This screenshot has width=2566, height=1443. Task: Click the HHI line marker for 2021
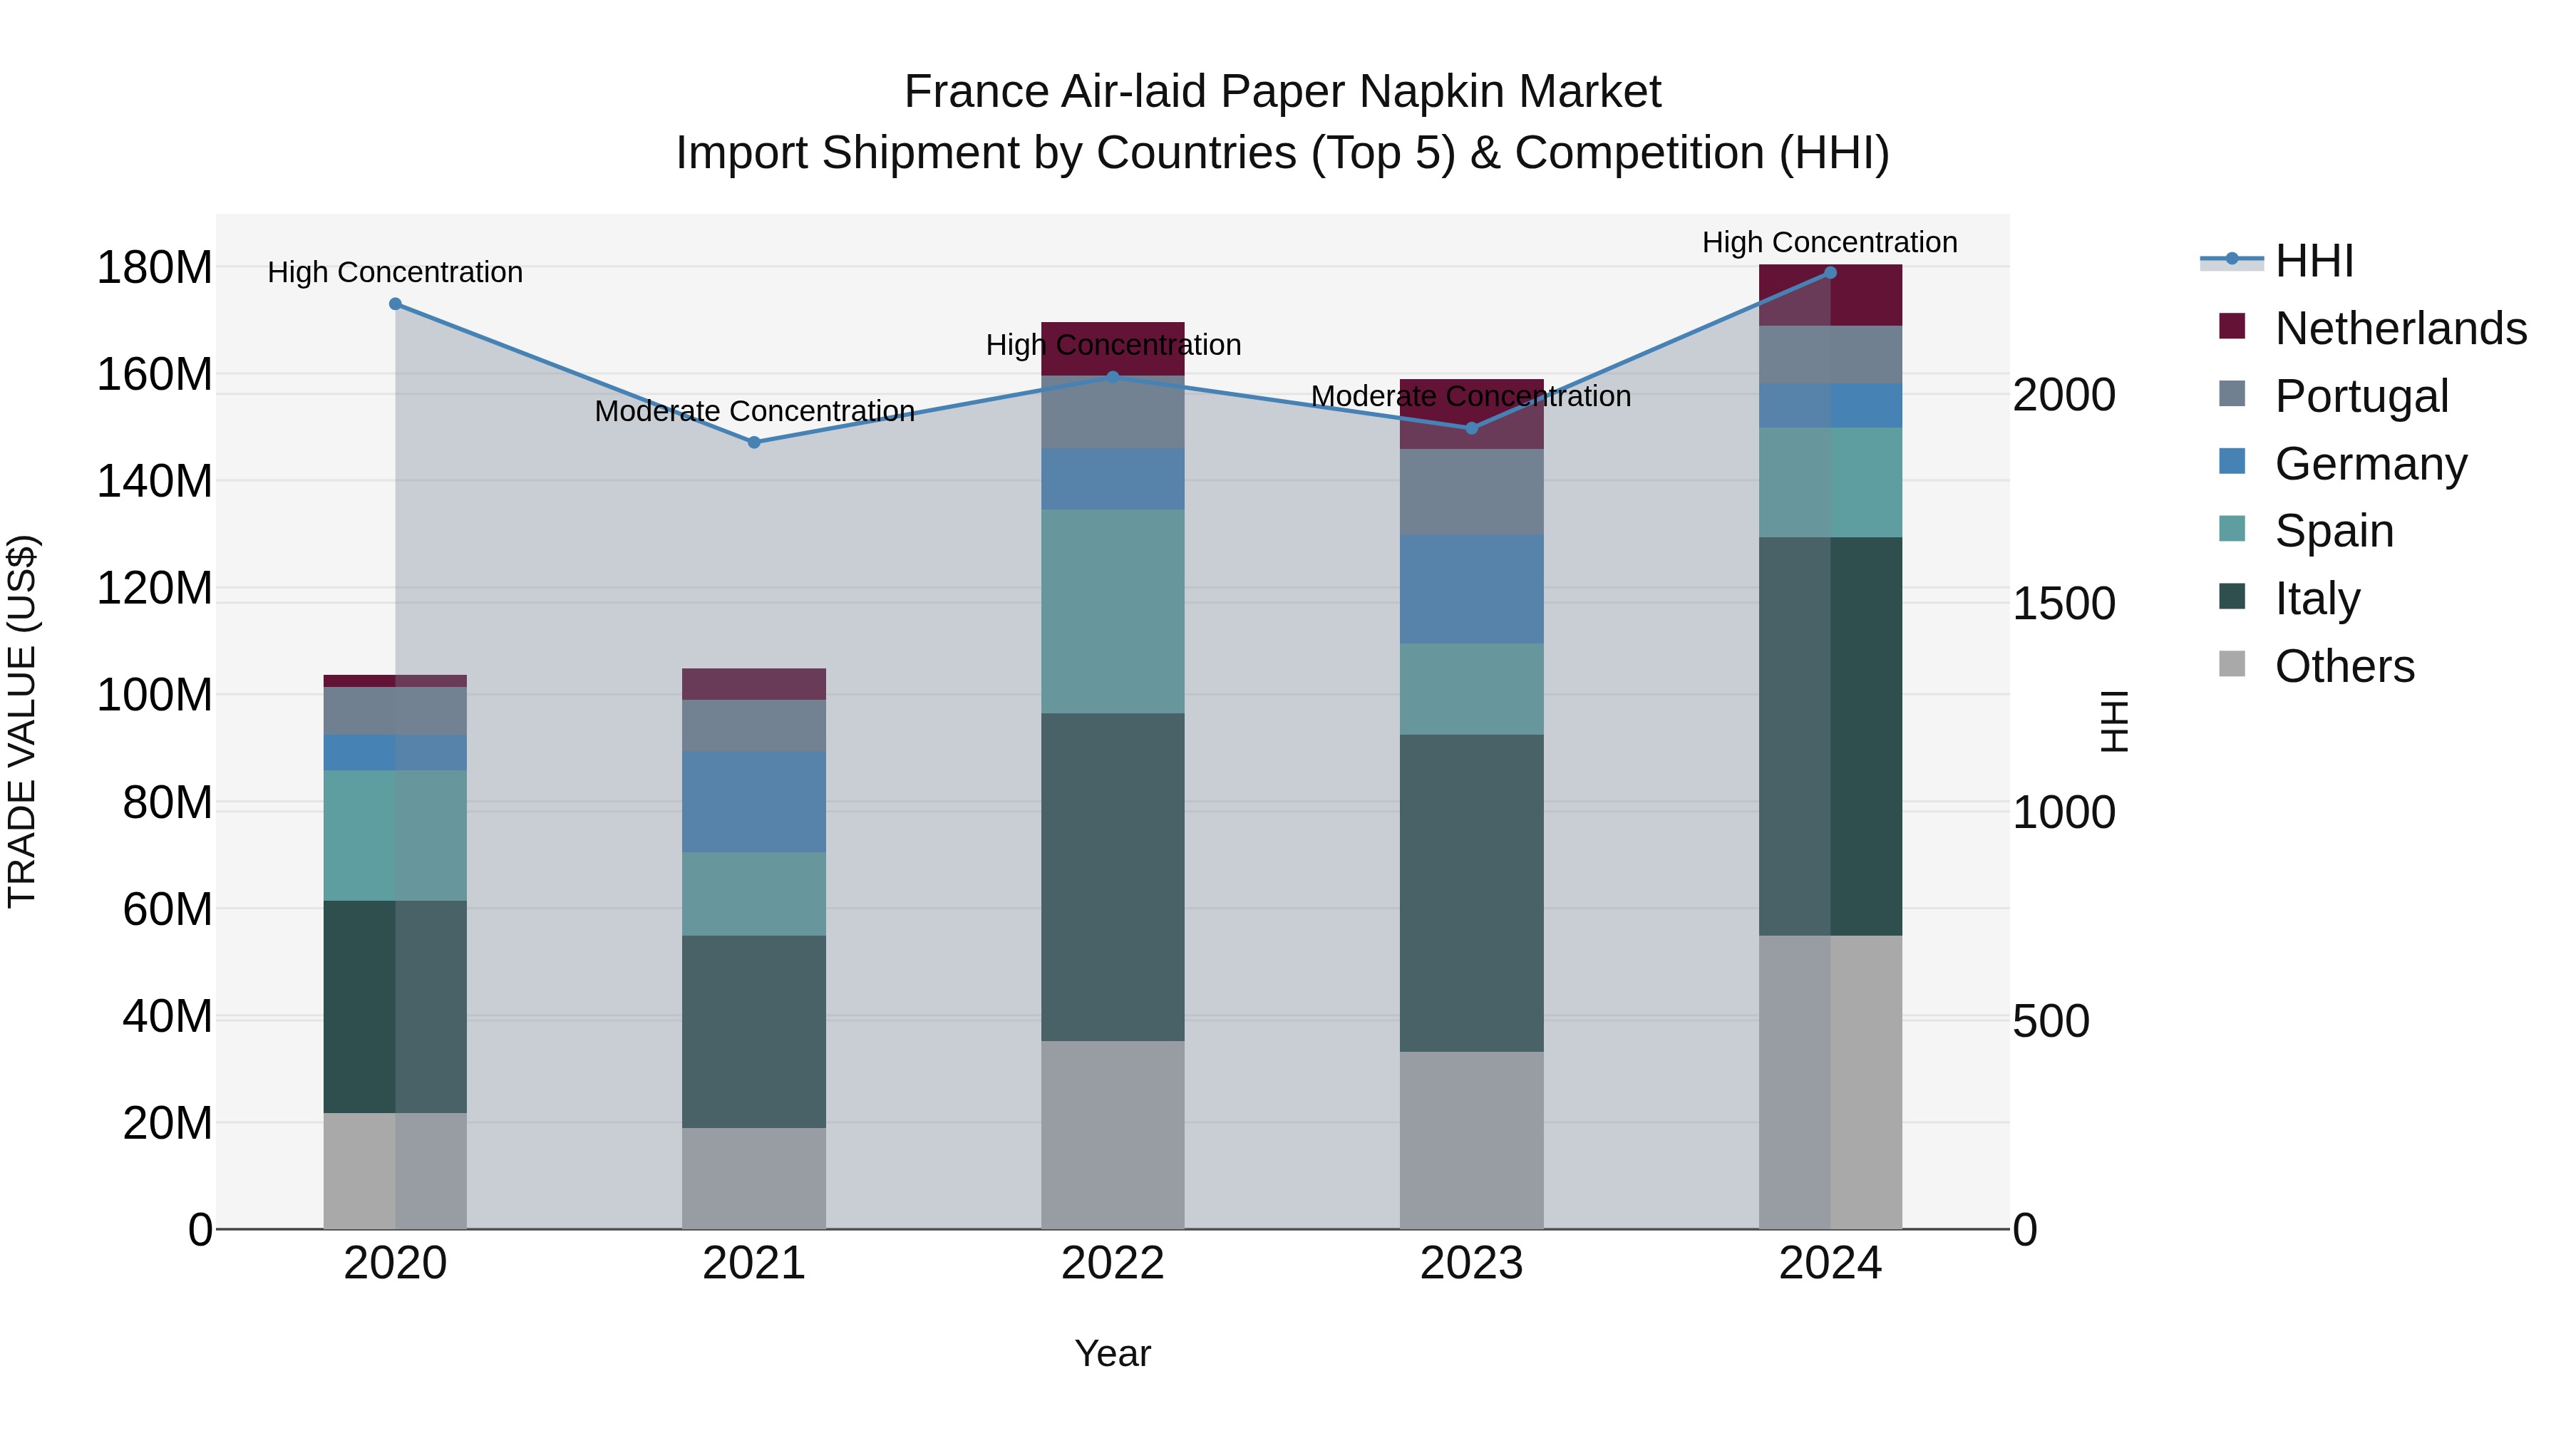point(754,442)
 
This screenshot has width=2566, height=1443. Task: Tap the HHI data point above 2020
point(396,304)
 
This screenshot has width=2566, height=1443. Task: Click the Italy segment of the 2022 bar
point(1113,876)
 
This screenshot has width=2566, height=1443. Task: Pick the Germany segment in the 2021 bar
point(754,801)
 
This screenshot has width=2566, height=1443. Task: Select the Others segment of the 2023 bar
point(1471,1139)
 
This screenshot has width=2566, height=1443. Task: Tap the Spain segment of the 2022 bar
point(1113,611)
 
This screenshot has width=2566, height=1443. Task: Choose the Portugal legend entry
point(2361,396)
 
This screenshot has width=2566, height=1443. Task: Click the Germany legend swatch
point(2232,462)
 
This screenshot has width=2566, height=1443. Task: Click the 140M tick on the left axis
point(155,482)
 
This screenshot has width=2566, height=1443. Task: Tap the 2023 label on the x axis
point(1471,1263)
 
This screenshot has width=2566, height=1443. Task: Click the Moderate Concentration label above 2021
point(754,411)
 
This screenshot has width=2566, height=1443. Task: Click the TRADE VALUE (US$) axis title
point(22,721)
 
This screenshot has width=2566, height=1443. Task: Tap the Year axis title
point(1113,1353)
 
